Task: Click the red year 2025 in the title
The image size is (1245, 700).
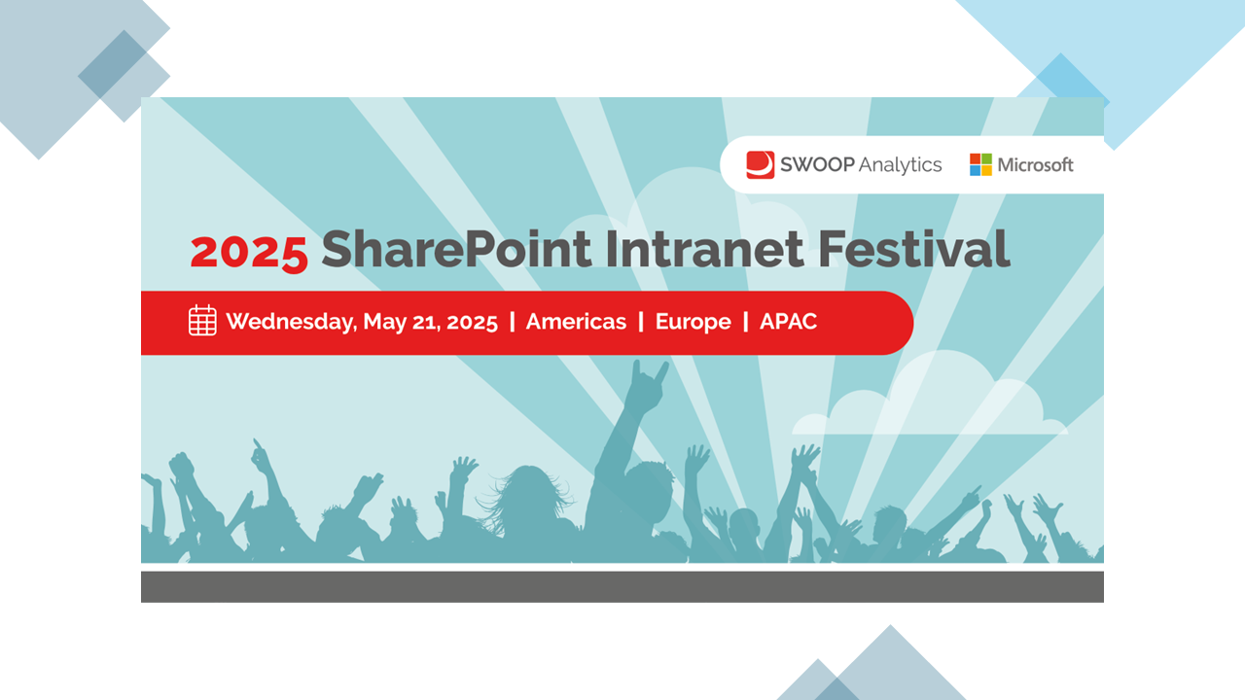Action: pos(249,254)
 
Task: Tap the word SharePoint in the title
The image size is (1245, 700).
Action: pos(456,249)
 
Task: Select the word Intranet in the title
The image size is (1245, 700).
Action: pos(704,249)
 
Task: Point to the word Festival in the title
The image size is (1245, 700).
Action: pos(913,249)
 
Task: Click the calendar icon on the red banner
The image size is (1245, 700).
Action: pos(202,321)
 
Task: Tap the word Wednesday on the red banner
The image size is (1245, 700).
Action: pos(291,322)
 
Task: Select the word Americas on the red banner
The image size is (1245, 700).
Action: pos(576,322)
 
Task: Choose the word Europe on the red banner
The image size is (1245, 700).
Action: pos(694,322)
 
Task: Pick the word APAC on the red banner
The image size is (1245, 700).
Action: pos(788,322)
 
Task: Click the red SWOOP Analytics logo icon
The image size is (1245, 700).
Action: pos(760,165)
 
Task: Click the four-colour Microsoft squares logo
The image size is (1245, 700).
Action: pos(980,165)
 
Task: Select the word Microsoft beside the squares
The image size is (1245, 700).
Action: pos(1035,165)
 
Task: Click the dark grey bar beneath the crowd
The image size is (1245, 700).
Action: pos(622,586)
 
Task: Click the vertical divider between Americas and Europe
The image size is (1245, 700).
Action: pos(641,322)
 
